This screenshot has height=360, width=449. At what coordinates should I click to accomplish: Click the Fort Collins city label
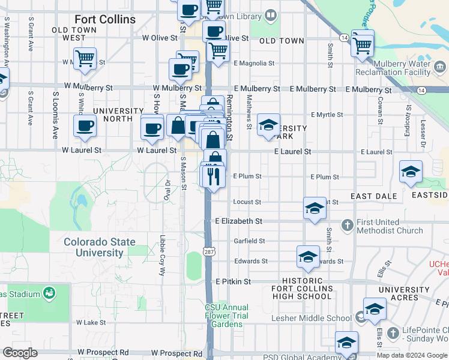(105, 20)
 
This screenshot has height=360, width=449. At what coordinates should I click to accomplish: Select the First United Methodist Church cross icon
(347, 226)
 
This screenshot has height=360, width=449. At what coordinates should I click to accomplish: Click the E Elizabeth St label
(239, 221)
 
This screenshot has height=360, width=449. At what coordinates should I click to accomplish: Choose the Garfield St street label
(249, 241)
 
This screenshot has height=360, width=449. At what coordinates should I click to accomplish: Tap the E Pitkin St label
(233, 281)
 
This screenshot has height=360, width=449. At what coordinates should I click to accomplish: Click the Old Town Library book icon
(271, 14)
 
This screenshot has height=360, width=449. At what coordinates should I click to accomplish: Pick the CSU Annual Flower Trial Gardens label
(226, 316)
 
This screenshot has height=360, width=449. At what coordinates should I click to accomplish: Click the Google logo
(20, 353)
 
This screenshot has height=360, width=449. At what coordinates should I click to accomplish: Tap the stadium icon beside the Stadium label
(49, 294)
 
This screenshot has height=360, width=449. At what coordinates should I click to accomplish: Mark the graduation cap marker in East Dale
(411, 172)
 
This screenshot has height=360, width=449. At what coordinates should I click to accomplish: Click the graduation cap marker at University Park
(268, 125)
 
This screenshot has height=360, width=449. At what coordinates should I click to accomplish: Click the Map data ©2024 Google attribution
(412, 355)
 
